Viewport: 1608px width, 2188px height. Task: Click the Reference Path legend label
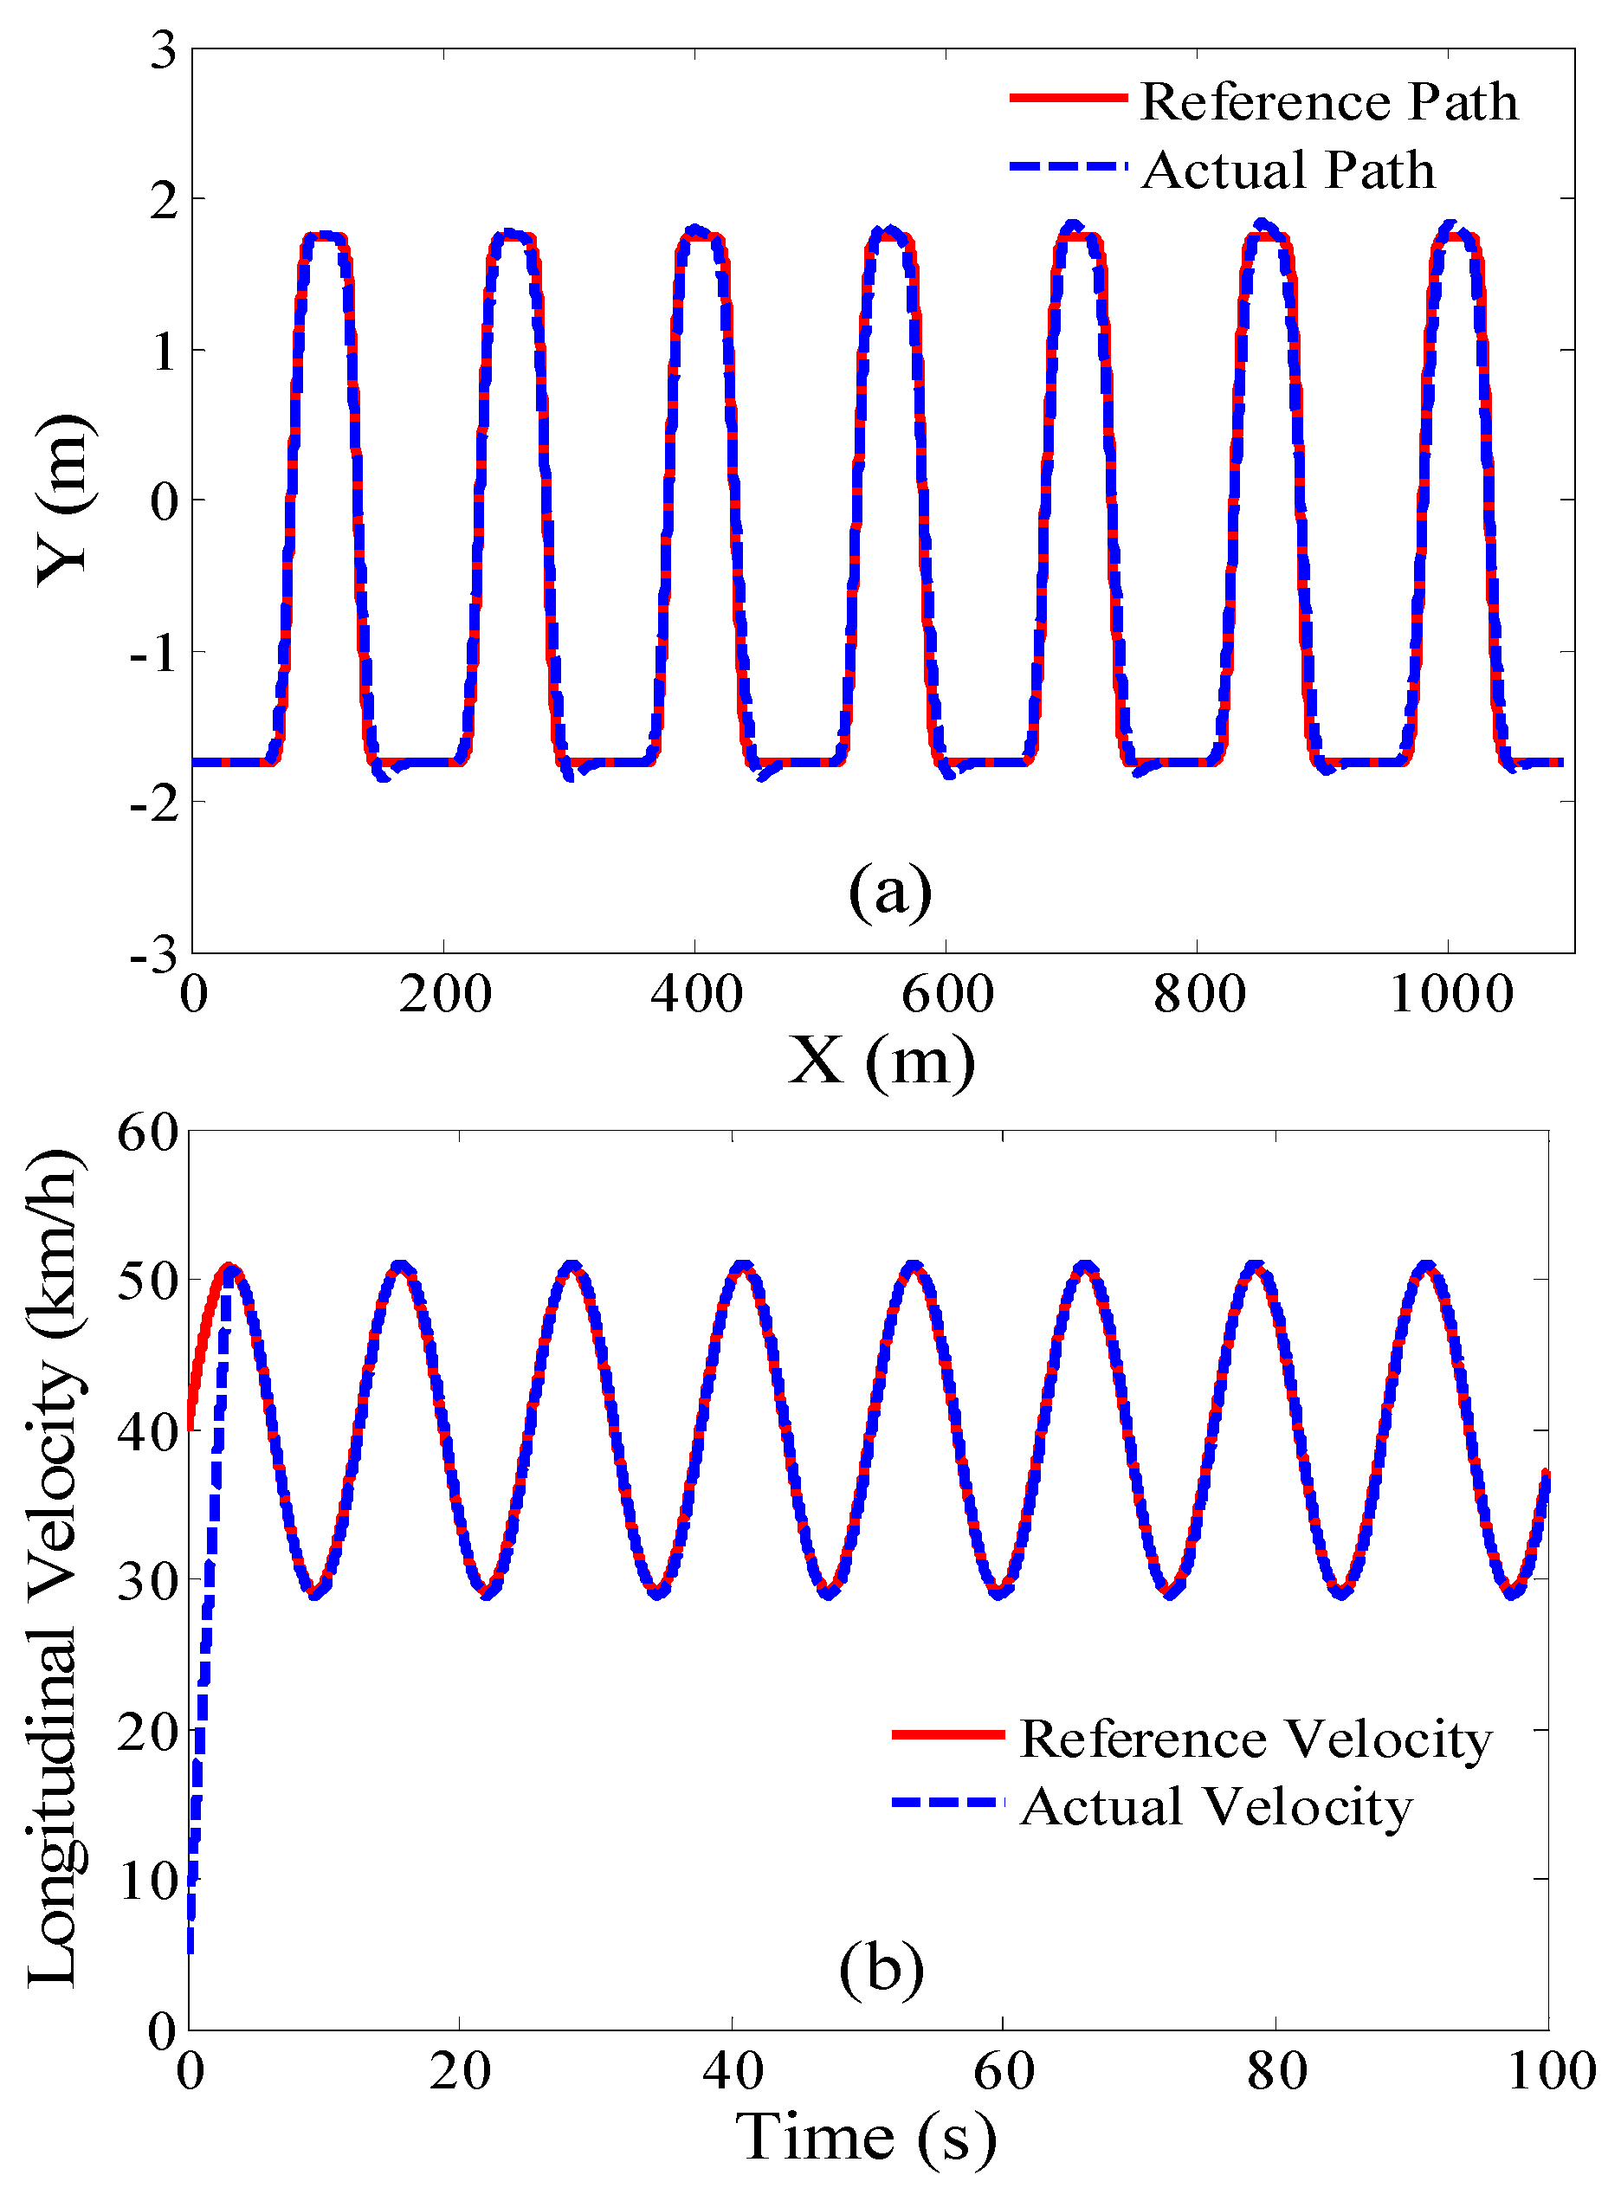tap(1328, 101)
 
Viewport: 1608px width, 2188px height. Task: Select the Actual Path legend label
tap(1288, 171)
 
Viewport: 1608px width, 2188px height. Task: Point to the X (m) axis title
tap(881, 1059)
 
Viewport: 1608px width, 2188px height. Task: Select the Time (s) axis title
tap(866, 2136)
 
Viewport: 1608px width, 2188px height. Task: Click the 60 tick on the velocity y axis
tap(148, 1132)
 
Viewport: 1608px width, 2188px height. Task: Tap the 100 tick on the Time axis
tap(1551, 2070)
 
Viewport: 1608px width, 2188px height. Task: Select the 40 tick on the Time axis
tap(732, 2070)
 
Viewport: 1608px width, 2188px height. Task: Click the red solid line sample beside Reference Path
tap(1068, 97)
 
